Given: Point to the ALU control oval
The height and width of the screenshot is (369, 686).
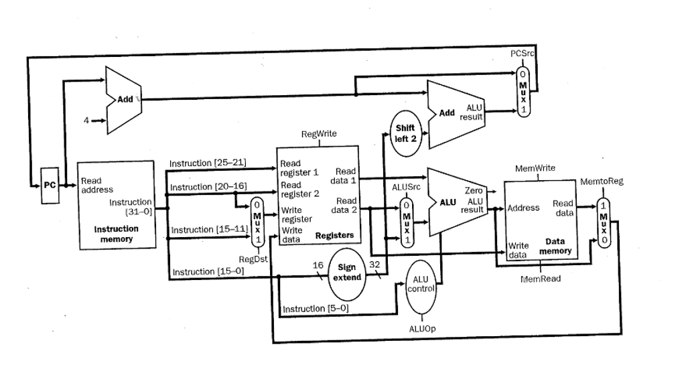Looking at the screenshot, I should point(421,284).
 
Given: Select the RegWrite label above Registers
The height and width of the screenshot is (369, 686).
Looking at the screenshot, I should point(319,134).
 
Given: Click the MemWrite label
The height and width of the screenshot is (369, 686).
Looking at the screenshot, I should point(535,167).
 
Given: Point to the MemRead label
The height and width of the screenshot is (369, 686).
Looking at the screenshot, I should point(541,278).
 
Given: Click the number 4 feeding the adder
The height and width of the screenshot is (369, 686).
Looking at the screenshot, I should point(86,121).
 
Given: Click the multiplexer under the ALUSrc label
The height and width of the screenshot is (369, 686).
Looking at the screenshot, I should point(405,222).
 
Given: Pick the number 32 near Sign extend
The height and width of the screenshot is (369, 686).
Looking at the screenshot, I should point(376,265).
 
